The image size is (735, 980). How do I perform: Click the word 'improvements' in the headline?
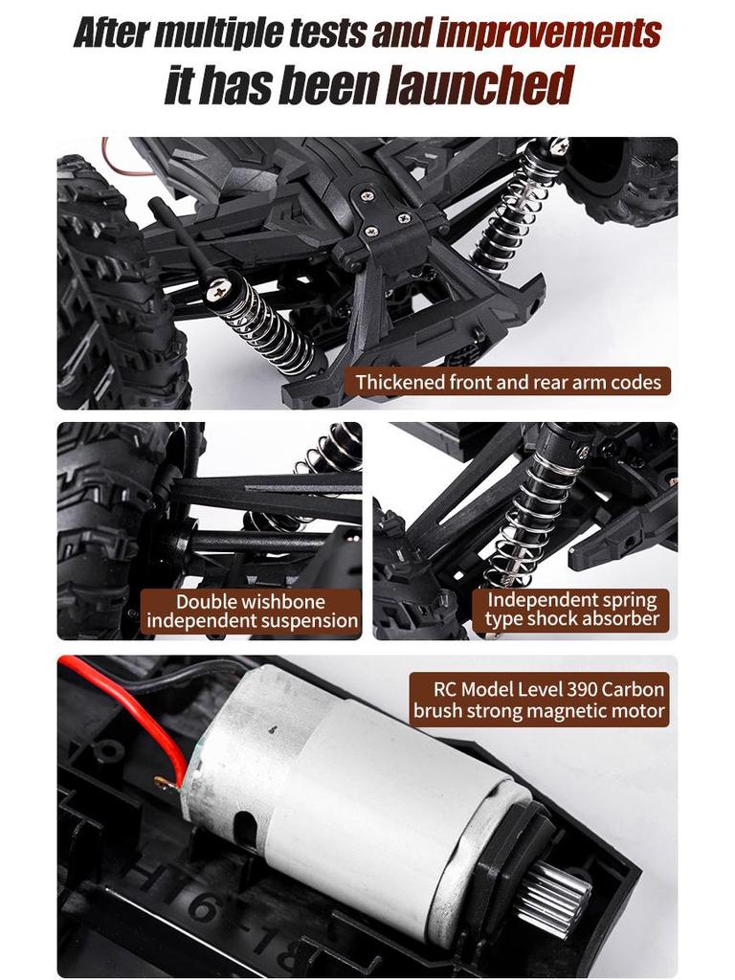[x=548, y=34]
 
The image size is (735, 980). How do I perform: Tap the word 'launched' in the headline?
[x=479, y=86]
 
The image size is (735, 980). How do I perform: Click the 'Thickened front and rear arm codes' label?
[x=508, y=382]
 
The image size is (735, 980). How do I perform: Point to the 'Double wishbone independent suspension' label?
[x=252, y=612]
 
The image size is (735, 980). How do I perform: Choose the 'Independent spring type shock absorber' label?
[x=571, y=610]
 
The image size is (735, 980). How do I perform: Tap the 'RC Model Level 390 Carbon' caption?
[x=548, y=689]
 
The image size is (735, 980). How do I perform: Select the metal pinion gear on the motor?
[x=553, y=896]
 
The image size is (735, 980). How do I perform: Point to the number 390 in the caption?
[x=584, y=689]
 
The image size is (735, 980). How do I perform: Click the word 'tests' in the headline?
[x=334, y=34]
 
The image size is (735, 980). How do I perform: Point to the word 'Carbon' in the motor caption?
[x=634, y=689]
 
